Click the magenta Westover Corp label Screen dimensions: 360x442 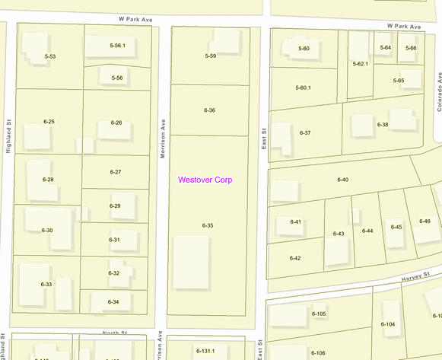coord(205,180)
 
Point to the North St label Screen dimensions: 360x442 coord(113,333)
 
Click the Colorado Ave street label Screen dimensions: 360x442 coord(439,93)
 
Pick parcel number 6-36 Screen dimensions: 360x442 coord(209,110)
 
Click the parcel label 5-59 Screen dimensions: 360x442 coord(211,56)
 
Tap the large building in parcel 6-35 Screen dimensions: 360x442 coord(191,262)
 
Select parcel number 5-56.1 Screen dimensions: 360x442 coord(117,46)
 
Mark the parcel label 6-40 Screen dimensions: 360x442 coord(342,180)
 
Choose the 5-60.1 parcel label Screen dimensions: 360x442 coord(303,88)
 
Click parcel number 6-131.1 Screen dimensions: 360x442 coord(205,351)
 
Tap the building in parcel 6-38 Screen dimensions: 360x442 coord(403,119)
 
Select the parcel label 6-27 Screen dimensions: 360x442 coord(116,172)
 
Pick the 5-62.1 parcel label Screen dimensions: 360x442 coord(360,64)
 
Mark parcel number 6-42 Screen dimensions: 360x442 coord(295,258)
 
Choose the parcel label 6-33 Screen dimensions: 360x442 coord(46,284)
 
